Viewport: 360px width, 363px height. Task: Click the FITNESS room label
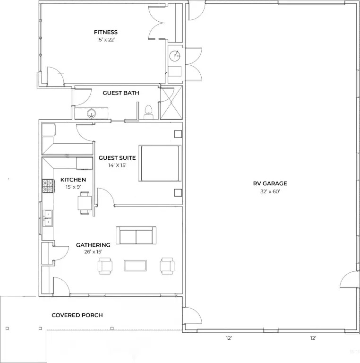click(x=106, y=32)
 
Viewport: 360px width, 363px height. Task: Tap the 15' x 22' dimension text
click(x=106, y=40)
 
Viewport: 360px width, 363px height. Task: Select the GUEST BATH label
click(x=121, y=93)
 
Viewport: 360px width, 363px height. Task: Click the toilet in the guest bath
click(x=148, y=112)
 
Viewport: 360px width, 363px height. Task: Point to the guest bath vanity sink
click(x=92, y=113)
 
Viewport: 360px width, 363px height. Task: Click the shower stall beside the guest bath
click(x=171, y=102)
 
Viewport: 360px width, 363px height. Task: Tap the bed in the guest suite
click(x=160, y=164)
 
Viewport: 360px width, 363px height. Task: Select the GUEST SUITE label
click(x=117, y=158)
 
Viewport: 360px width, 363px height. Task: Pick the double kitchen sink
click(x=48, y=218)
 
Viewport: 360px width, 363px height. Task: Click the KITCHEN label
click(x=73, y=180)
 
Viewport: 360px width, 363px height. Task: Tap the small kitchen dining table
click(x=85, y=203)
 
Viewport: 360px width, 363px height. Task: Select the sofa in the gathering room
click(x=136, y=235)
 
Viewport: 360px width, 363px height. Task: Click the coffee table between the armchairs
click(x=135, y=265)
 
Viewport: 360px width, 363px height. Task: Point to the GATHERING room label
click(x=93, y=245)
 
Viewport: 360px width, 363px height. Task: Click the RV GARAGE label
click(x=270, y=183)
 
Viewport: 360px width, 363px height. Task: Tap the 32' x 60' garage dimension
click(x=270, y=191)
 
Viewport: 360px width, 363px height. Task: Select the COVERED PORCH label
click(x=77, y=315)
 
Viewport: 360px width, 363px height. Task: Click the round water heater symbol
click(x=174, y=56)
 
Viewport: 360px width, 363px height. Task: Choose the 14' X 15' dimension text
click(x=117, y=165)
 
